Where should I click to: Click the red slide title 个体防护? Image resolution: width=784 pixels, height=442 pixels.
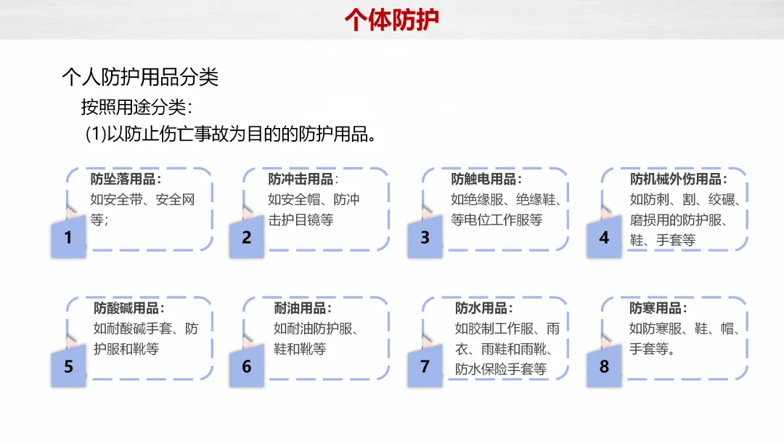coord(391,20)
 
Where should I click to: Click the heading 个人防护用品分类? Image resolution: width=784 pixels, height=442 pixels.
coord(140,77)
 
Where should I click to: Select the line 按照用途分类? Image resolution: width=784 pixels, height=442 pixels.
coord(136,107)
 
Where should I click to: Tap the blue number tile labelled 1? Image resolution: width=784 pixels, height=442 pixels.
coord(68,238)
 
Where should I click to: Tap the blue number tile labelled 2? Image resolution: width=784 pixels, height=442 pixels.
coord(247,238)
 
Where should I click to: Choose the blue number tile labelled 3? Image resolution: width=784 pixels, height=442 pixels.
coord(425,238)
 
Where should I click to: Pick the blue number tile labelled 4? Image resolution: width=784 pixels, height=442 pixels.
coord(604,238)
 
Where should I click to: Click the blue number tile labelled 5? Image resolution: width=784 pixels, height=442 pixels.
coord(68,366)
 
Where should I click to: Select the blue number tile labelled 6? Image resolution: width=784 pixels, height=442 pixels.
coord(247,366)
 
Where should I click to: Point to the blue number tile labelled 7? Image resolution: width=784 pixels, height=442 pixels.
coord(425,366)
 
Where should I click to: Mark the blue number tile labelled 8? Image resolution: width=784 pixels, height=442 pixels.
coord(604,366)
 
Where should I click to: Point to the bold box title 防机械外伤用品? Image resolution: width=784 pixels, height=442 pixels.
coord(677,179)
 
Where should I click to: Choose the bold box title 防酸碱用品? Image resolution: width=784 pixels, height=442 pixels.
coord(128,308)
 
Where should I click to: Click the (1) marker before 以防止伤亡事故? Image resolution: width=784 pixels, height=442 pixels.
coord(96,135)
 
